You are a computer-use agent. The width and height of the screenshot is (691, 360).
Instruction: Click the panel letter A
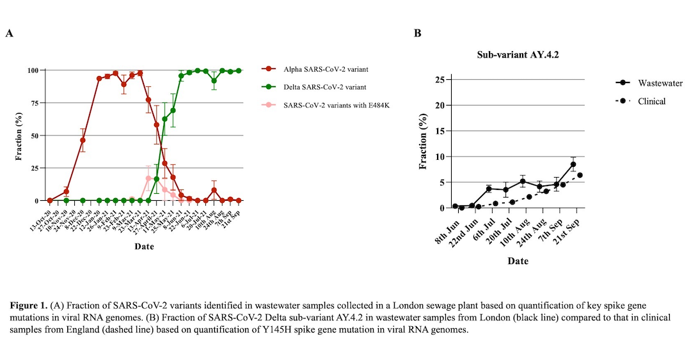pyautogui.click(x=10, y=33)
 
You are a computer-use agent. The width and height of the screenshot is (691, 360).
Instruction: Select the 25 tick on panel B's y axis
pyautogui.click(x=440, y=80)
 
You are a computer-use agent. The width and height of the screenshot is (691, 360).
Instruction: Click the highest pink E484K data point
pyautogui.click(x=148, y=178)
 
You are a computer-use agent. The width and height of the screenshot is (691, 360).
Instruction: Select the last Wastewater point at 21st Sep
pyautogui.click(x=573, y=164)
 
